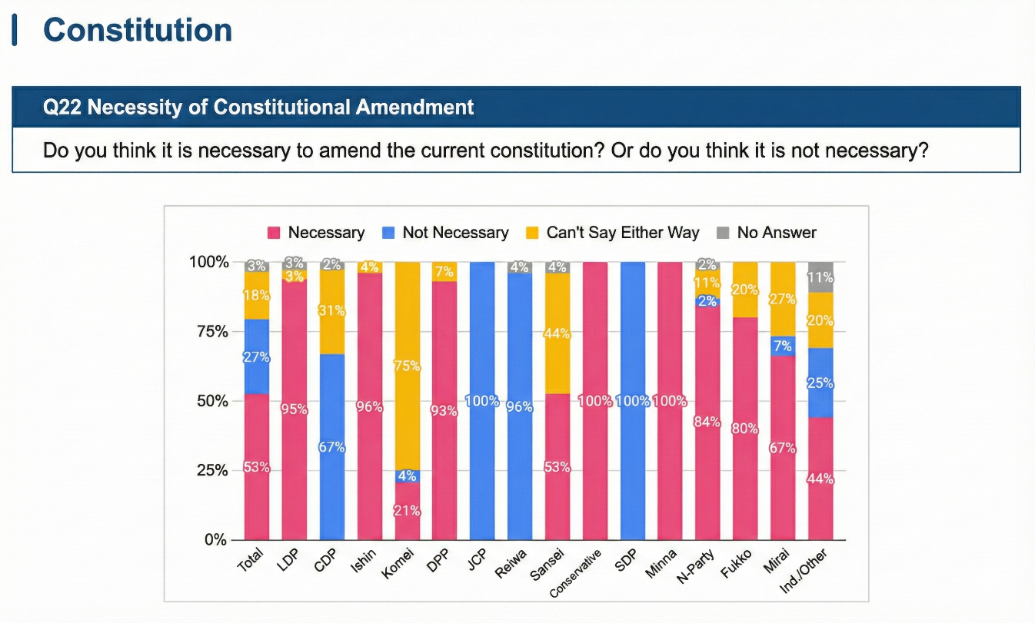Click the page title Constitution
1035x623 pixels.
[x=138, y=30]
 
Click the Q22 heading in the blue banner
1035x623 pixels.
[x=258, y=107]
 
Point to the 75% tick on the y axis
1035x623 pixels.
[x=210, y=331]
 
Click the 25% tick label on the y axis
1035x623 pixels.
[x=210, y=470]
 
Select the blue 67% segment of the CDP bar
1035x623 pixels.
[x=332, y=446]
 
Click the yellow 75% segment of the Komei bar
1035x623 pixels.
[x=408, y=366]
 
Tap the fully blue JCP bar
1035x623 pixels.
[x=482, y=400]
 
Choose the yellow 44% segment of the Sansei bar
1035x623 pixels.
[x=558, y=333]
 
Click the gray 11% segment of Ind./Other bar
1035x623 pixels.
[x=820, y=277]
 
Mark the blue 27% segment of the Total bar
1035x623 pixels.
[x=257, y=356]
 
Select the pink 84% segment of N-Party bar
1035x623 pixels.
[x=707, y=422]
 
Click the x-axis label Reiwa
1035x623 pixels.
[x=513, y=564]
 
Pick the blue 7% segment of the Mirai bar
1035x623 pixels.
[x=783, y=346]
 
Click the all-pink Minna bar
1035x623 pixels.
[x=670, y=400]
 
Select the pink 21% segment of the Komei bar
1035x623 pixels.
[x=408, y=511]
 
